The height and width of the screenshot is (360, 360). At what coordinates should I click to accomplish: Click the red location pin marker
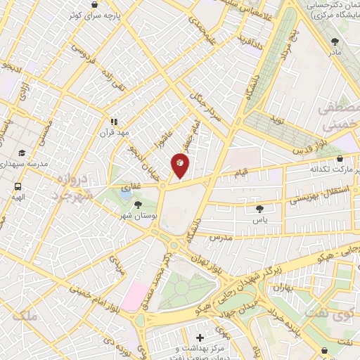click(180, 166)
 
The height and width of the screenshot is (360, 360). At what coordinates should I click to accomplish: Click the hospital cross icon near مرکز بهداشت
click(201, 338)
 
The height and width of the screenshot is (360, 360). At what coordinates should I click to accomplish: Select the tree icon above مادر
click(334, 41)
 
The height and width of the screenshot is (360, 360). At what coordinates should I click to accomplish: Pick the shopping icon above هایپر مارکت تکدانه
click(340, 160)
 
